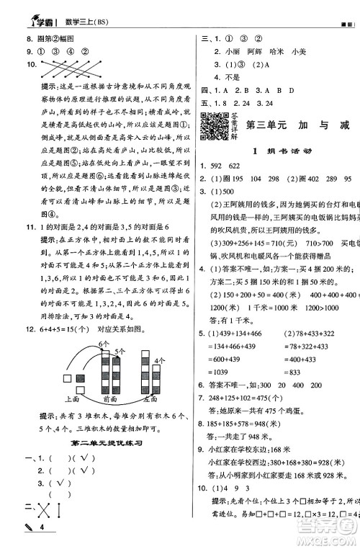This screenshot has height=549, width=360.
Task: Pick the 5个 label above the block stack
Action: (120, 332)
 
